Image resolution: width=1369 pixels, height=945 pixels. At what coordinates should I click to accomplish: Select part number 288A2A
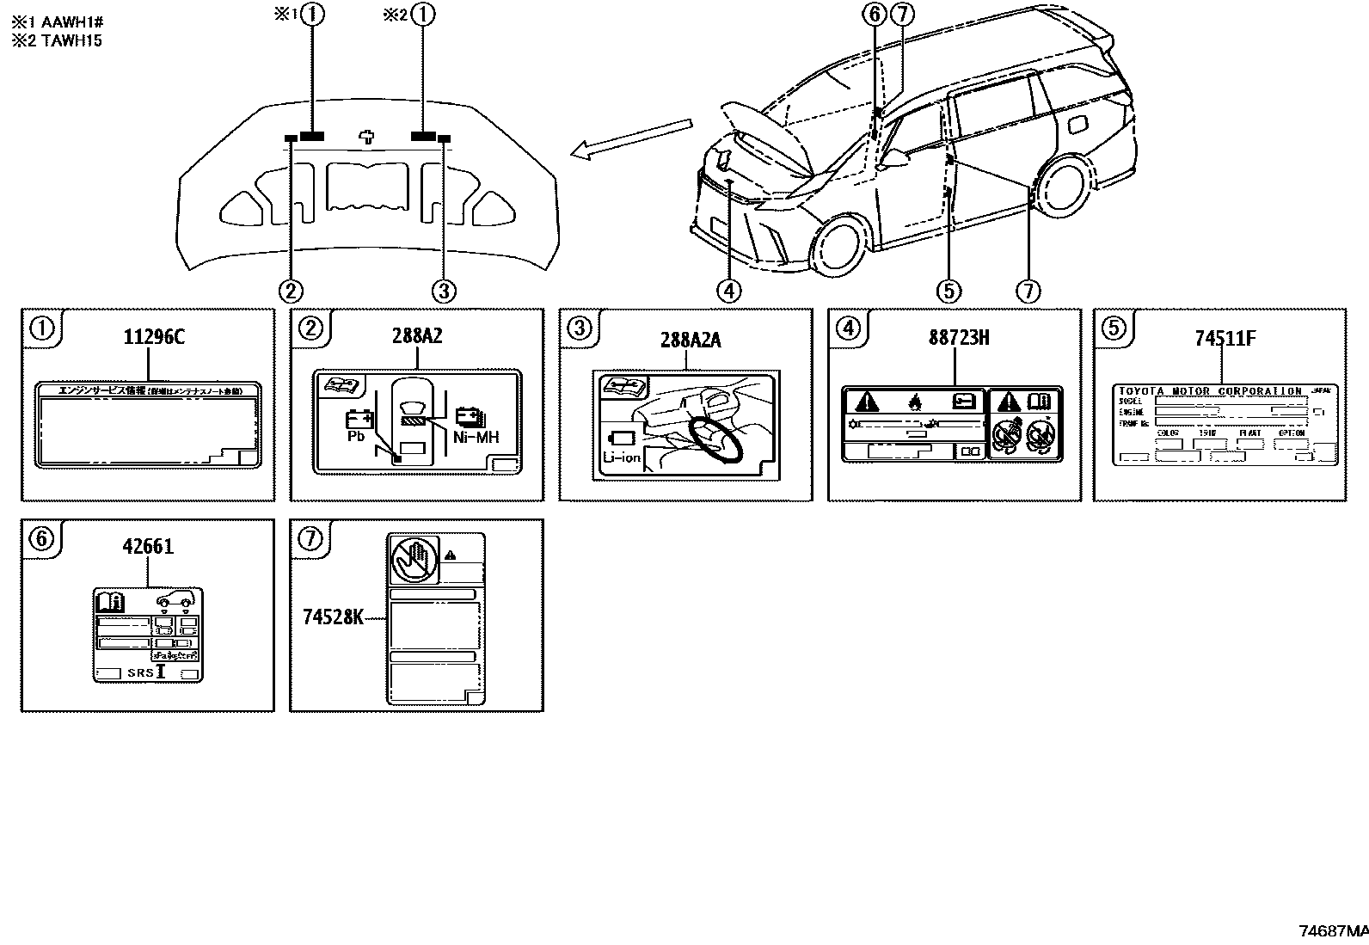691,341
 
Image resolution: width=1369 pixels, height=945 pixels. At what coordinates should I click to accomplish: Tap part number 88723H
959,338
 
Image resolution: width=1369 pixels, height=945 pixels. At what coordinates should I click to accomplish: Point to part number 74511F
1225,338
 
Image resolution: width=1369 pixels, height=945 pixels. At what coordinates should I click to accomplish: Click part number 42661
148,546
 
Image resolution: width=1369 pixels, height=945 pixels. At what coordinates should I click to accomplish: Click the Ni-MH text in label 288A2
476,438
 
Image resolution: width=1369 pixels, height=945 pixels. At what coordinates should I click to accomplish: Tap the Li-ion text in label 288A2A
622,457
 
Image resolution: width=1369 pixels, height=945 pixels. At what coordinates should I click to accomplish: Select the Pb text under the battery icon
356,437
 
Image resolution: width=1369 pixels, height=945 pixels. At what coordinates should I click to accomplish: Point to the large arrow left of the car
630,138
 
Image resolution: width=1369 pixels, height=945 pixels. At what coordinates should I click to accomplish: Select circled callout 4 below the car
727,291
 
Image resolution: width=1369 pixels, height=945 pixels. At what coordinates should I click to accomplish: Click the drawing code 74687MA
1332,931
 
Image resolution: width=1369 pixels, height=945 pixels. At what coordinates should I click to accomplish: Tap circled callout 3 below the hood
443,291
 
